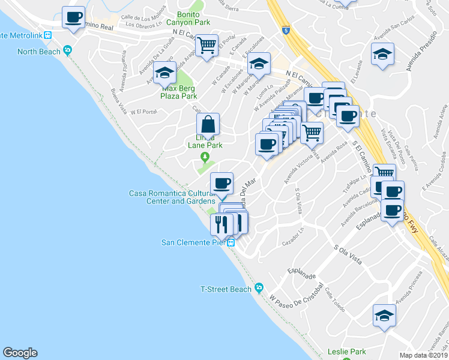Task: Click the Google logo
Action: pos(20,353)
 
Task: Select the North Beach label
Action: pos(39,52)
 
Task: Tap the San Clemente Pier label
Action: pos(192,242)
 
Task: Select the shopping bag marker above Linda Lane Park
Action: pos(208,125)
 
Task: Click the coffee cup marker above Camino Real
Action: pos(74,17)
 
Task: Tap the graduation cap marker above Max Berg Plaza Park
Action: pos(164,73)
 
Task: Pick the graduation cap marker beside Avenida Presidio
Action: pos(382,55)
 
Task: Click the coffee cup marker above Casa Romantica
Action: pos(221,182)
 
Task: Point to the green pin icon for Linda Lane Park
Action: pos(205,157)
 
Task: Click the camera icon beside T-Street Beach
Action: pos(259,289)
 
